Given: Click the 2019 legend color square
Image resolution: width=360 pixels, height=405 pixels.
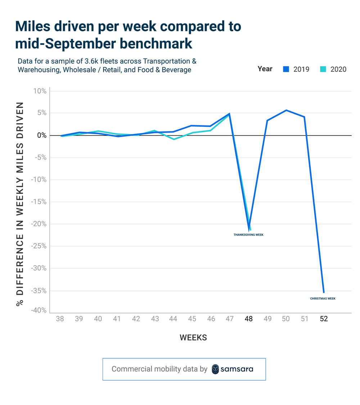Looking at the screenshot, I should coord(286,69).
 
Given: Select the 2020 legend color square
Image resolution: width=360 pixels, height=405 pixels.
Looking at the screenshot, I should coord(323,69).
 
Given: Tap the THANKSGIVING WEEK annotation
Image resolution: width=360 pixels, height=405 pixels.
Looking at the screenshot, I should coord(248,235).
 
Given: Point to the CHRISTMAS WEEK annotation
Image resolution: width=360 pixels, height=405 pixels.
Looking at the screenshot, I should coord(323,298).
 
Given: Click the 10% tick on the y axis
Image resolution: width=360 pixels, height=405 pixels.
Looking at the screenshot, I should coord(40,91).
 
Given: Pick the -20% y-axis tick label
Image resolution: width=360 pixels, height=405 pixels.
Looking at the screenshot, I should coord(39,224).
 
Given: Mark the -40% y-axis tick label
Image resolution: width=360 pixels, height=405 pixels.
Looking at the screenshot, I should coord(39,311).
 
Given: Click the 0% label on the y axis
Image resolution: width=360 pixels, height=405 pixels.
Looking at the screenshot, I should coord(42,135).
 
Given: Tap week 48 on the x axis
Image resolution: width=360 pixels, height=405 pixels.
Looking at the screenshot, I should coord(249,319).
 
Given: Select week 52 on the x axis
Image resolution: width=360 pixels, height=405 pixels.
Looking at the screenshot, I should coord(324,319).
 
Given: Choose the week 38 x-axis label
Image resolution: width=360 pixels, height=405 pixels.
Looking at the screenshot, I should coord(60,319).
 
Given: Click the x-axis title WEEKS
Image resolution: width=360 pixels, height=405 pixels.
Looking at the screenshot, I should coord(193,338).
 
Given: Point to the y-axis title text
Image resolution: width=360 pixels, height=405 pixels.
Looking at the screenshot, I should coord(21,204).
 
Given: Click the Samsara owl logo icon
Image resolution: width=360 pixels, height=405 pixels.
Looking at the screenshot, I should coord(215,369).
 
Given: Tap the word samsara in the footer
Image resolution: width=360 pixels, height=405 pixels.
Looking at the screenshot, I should coord(237,369).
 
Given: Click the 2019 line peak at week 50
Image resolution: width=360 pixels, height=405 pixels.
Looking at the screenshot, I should coord(286,110).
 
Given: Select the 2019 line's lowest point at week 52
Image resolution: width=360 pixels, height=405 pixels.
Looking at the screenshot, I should coord(324,292).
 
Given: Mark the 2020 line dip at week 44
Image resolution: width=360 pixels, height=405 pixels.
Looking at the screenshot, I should coord(174,139).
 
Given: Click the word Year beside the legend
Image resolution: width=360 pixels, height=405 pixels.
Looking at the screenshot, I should coord(265,69).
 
